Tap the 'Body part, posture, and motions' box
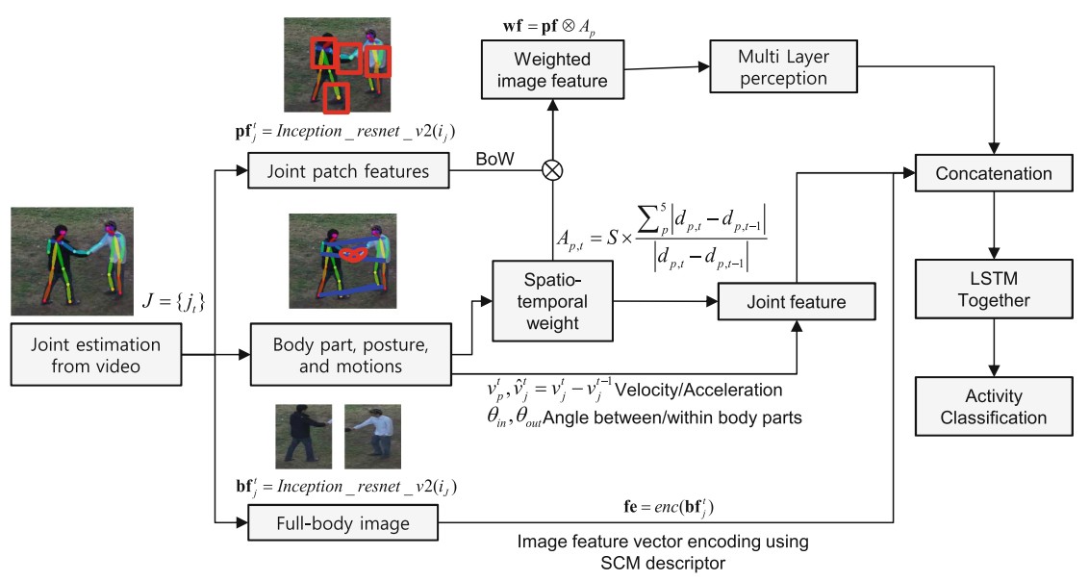tap(349, 356)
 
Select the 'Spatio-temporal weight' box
tap(551, 300)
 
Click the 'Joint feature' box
tap(797, 301)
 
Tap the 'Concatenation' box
tap(994, 174)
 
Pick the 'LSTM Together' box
tap(994, 290)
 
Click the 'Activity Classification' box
tap(994, 405)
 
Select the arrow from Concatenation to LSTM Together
tap(994, 225)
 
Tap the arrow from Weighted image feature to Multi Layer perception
tap(667, 67)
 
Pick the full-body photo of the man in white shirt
tap(371, 436)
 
